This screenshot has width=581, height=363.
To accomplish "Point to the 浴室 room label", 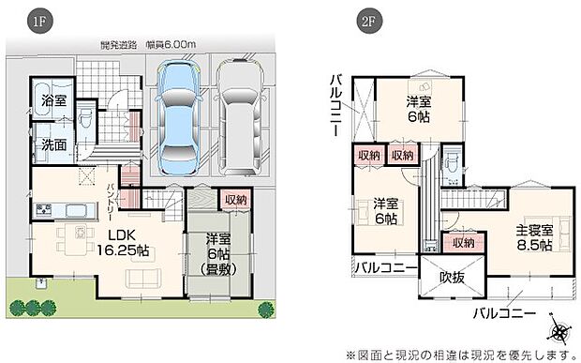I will pos(52,100).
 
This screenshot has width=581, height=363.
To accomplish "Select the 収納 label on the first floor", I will pos(235,199).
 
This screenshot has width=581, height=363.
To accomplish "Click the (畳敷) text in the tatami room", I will pos(223,270).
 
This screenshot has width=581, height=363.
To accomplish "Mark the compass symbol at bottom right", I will pos(560,331).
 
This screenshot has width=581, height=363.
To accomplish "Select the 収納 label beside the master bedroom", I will pos(462,243).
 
